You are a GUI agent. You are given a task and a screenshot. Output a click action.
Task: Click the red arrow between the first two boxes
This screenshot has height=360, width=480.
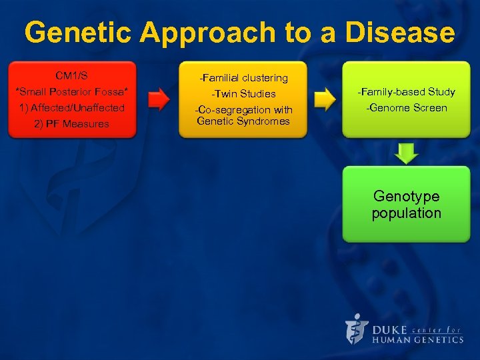coord(158,100)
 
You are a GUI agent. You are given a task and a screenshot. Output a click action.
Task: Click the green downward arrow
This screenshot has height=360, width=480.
coord(406,153)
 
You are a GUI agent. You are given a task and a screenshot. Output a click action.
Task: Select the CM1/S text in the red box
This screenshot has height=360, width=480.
coord(71,75)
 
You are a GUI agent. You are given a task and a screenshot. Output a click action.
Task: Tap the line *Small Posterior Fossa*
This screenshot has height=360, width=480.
coord(71,91)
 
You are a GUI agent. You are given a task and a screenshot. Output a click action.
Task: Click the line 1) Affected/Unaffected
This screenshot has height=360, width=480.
coord(71,107)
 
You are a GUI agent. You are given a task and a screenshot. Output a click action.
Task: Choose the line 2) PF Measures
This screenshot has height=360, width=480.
coord(71,123)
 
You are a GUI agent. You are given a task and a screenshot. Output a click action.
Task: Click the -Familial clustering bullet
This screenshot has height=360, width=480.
coord(243,78)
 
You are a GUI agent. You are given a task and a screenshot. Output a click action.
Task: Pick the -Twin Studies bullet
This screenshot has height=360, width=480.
coord(243,94)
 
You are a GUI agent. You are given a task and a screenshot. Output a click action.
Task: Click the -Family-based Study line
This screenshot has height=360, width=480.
coord(406,91)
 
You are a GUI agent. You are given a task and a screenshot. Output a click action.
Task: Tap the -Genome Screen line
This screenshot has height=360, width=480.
coord(406,107)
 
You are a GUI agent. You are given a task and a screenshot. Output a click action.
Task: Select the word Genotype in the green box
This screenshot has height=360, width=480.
coord(406,196)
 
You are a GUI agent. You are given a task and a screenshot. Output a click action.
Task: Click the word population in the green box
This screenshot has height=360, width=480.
coord(406,213)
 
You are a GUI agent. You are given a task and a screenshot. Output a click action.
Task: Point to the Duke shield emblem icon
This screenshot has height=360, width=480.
coord(357,329)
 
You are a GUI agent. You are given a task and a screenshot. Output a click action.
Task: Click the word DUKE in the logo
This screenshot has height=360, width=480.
coord(389,329)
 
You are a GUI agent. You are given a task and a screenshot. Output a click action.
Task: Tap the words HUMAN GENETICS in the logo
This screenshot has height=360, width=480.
coord(417,339)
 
